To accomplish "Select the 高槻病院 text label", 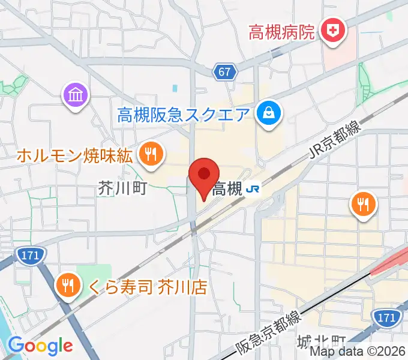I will click(282, 31).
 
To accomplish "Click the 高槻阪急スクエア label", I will click(183, 113).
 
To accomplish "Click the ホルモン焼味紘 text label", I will click(74, 156).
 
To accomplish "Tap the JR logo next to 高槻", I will click(252, 190).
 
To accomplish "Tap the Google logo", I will click(40, 346).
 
